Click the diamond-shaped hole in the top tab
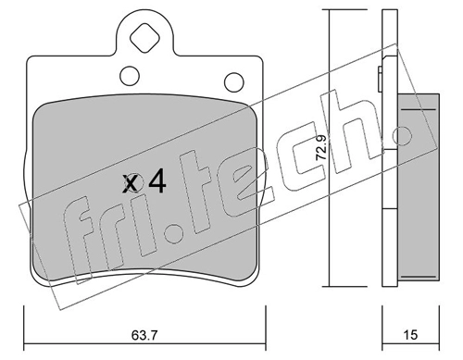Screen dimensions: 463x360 point(144,38)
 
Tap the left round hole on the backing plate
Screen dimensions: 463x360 point(130,76)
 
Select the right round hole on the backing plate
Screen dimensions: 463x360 point(234,82)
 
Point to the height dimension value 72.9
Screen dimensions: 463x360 point(321,148)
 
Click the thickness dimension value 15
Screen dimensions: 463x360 point(410,334)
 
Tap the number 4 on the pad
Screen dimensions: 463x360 point(157,182)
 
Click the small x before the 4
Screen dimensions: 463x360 point(130,184)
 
